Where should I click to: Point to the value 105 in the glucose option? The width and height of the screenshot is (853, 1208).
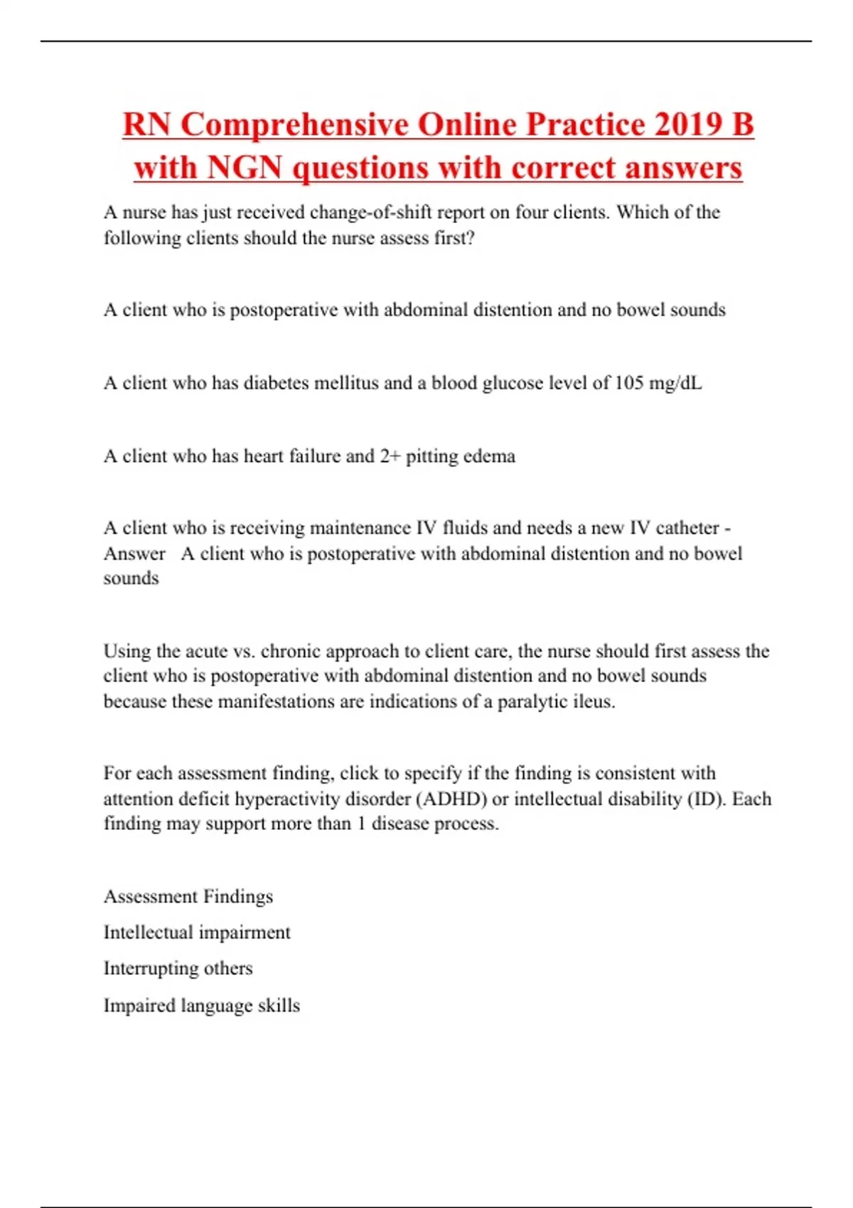pos(629,383)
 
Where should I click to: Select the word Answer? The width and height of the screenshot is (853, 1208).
pos(134,554)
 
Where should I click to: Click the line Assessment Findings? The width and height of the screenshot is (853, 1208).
pos(188,897)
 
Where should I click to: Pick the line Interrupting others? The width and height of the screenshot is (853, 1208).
pos(178,969)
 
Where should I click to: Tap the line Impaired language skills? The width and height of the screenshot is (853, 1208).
pos(202,1006)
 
